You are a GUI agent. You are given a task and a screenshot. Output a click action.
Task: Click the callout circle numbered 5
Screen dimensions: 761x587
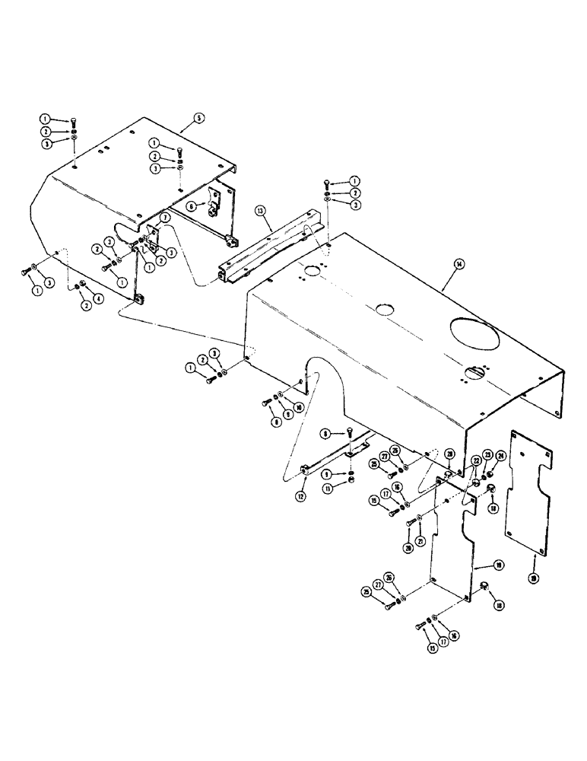(x=198, y=118)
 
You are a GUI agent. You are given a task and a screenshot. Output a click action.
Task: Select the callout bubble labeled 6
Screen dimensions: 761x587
(x=193, y=205)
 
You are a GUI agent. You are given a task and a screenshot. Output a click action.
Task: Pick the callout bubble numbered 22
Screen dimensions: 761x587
(x=475, y=462)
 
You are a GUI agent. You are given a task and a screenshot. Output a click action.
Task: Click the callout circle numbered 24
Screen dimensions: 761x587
(x=502, y=457)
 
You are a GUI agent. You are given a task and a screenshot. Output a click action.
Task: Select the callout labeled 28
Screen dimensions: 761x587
(x=449, y=454)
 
